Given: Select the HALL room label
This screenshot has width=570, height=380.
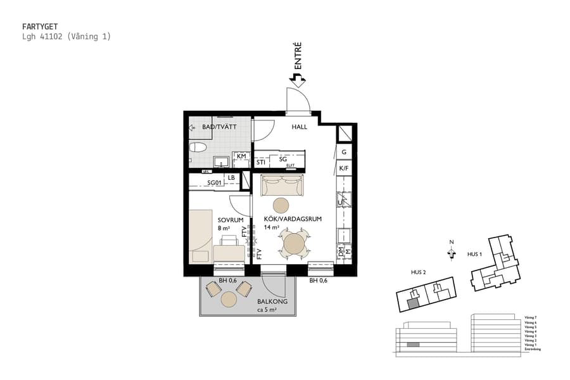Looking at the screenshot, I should [x=299, y=127].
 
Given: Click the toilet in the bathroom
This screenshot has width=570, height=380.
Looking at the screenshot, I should [x=198, y=149].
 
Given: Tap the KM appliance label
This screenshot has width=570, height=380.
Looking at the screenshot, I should [x=241, y=156].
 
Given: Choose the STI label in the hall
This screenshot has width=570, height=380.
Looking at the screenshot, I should [x=261, y=162].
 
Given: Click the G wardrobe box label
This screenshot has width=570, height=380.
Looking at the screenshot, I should [x=343, y=152].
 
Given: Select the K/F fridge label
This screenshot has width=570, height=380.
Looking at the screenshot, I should [x=343, y=168].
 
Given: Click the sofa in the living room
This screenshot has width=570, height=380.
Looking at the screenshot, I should [x=282, y=186].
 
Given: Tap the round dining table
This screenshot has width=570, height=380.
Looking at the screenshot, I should [x=294, y=243].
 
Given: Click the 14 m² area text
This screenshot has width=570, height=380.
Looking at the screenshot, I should [x=272, y=227].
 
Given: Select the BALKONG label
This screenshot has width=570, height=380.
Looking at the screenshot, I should [x=272, y=302].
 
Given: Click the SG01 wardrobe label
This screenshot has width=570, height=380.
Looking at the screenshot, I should [x=217, y=183].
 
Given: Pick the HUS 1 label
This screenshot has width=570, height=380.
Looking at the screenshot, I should [x=474, y=254].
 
